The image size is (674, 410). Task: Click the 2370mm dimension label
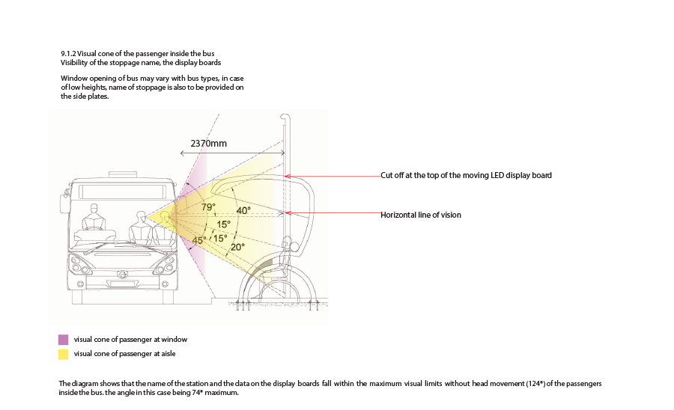click(x=209, y=143)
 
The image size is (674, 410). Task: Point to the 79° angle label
click(x=208, y=206)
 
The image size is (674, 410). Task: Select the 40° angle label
click(x=243, y=210)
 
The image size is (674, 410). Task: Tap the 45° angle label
click(x=199, y=240)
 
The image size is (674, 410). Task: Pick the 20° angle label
click(x=237, y=247)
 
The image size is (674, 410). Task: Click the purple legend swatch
click(x=64, y=339)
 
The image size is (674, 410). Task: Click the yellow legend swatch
click(x=64, y=353)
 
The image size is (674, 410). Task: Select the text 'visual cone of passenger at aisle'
click(x=125, y=353)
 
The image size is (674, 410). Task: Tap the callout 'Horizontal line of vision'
click(x=421, y=215)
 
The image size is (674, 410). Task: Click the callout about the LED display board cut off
click(x=466, y=175)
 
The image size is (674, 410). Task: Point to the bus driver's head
click(x=94, y=210)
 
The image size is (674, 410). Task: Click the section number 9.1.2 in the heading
click(x=68, y=53)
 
